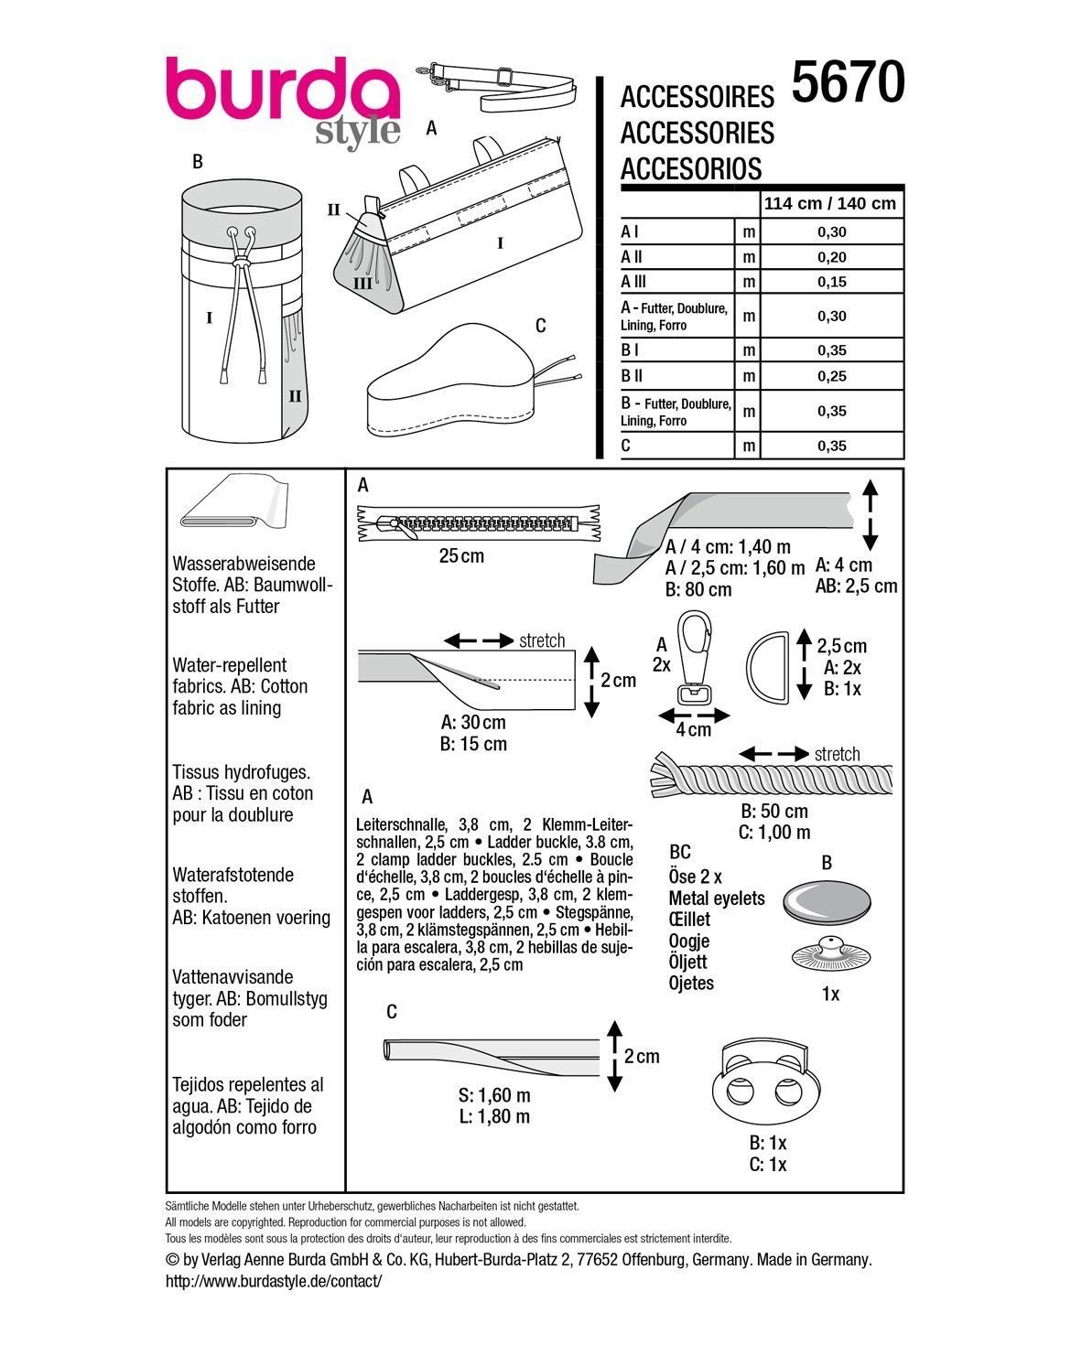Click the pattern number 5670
click(x=848, y=82)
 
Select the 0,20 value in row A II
click(x=831, y=257)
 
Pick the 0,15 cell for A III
click(x=831, y=282)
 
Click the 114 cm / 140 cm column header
click(x=830, y=203)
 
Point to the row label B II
click(x=633, y=375)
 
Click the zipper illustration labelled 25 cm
click(x=477, y=525)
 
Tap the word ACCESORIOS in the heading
click(x=690, y=169)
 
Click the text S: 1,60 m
click(x=494, y=1095)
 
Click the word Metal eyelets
click(x=716, y=898)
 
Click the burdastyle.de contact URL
click(x=273, y=1281)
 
